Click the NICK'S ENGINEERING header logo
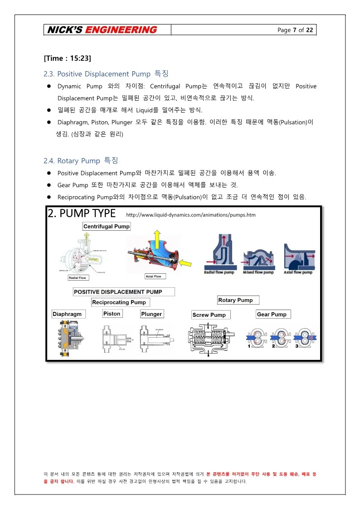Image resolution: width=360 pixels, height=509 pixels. pyautogui.click(x=100, y=30)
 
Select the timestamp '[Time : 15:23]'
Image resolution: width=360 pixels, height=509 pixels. pyautogui.click(x=68, y=58)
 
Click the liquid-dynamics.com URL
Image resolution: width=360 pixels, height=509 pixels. pyautogui.click(x=190, y=214)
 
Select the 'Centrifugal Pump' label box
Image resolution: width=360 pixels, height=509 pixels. pyautogui.click(x=107, y=226)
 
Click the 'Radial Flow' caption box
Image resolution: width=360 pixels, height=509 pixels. pyautogui.click(x=78, y=277)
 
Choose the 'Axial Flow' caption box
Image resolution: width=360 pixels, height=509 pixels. pyautogui.click(x=153, y=276)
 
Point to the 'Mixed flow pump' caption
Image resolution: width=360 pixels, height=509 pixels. pyautogui.click(x=258, y=272)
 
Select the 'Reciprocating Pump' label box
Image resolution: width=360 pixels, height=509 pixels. pyautogui.click(x=119, y=302)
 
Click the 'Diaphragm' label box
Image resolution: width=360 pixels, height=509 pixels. pyautogui.click(x=67, y=314)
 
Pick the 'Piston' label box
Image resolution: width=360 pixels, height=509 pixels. pyautogui.click(x=112, y=314)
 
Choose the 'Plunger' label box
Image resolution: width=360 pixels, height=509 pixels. pyautogui.click(x=151, y=314)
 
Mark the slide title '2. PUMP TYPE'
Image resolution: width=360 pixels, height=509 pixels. pyautogui.click(x=82, y=213)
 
